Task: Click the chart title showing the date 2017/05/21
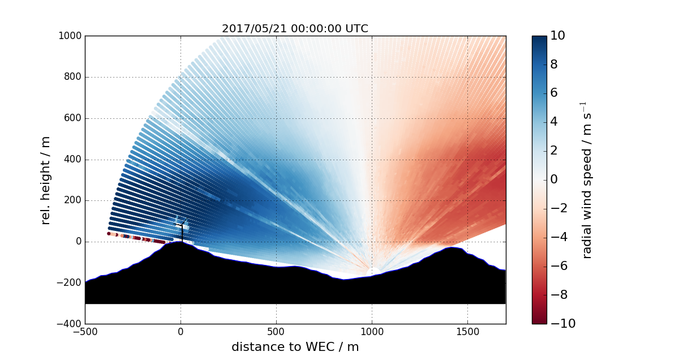click(x=295, y=29)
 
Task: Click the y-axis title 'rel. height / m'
click(x=46, y=180)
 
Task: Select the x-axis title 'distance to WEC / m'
click(x=295, y=347)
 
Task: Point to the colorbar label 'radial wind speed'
click(x=587, y=180)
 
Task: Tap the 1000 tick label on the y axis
click(x=70, y=36)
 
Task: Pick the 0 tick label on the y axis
click(x=78, y=242)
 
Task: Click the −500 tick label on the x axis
click(x=85, y=332)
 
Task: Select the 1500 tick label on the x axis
click(x=467, y=332)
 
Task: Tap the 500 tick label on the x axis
click(x=276, y=332)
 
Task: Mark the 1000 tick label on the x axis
click(x=372, y=332)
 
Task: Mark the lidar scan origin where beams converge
click(x=372, y=271)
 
